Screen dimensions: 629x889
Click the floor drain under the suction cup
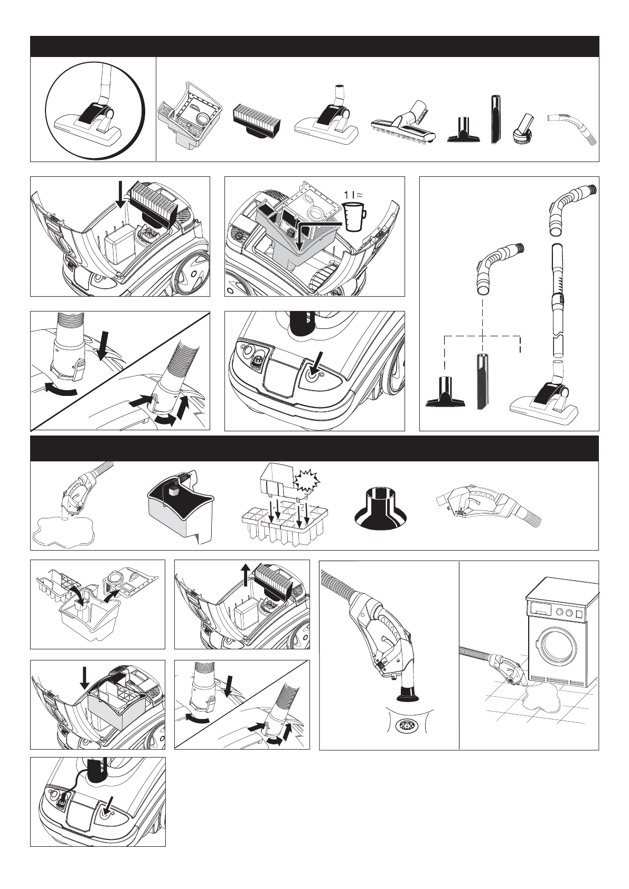click(x=404, y=727)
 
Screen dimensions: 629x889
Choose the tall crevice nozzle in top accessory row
click(x=495, y=119)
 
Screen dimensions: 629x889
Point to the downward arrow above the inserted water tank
click(x=84, y=678)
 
